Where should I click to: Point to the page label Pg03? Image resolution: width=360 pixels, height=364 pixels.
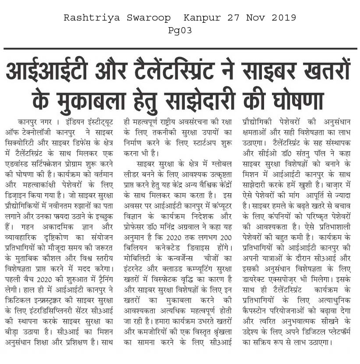coord(180,31)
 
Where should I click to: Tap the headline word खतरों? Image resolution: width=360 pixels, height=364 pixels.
coord(321,72)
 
